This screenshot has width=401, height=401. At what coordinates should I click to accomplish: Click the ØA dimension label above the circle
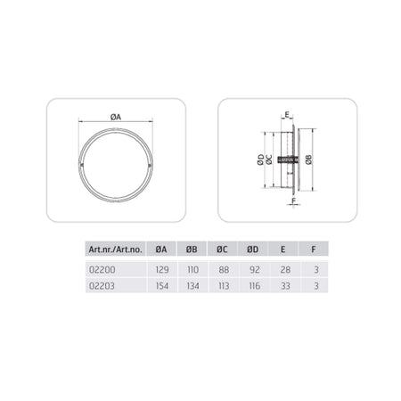pos(116,117)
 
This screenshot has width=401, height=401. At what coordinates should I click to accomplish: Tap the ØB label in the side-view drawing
pos(309,160)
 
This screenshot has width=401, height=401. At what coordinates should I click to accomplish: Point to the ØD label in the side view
pos(260,160)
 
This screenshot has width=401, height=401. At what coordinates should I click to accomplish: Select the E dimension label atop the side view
pos(287,114)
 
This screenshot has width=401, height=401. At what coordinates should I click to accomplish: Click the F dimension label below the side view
pos(294,200)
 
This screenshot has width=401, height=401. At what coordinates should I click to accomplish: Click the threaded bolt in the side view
pos(288,160)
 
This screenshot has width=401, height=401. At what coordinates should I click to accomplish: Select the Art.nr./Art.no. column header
pos(116,249)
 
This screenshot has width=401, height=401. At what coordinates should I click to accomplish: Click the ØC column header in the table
pos(222,249)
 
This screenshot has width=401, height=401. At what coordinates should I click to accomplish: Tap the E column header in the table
pos(282,249)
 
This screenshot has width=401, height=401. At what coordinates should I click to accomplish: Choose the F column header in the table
pos(314,249)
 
